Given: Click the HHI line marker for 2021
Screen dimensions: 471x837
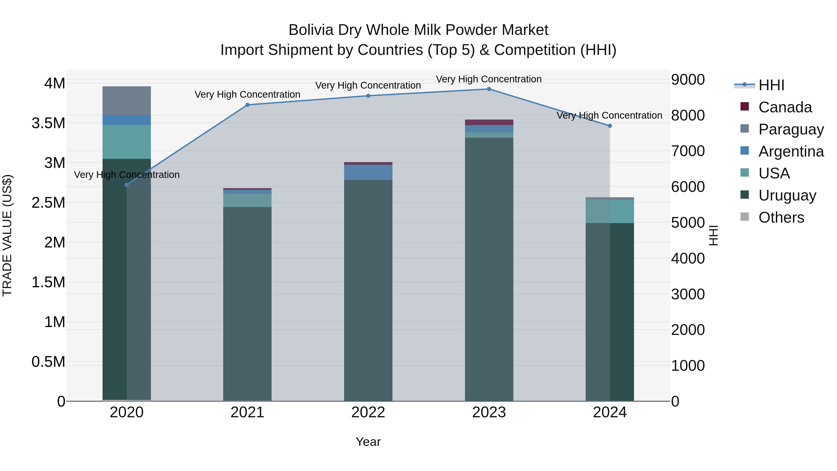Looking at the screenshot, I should point(247,105).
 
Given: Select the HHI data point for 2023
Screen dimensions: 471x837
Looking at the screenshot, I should point(489,89).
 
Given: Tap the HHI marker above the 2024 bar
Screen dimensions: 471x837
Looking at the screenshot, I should point(610,126).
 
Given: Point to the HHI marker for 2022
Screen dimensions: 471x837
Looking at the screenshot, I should point(368,96).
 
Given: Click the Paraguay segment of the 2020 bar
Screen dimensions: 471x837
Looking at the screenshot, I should point(127,100).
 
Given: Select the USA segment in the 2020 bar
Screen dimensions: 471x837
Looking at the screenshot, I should point(127,142).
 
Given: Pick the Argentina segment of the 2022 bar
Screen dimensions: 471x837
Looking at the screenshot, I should point(368,172).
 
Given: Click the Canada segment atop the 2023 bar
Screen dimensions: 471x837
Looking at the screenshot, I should point(489,122).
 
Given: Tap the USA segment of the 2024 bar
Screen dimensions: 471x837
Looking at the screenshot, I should point(610,211).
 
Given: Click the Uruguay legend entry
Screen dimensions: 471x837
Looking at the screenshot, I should point(787,195).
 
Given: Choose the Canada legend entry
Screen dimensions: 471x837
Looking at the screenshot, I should point(785,107).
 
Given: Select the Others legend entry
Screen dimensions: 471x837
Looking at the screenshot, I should point(781,217).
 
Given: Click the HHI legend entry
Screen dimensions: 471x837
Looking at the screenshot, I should point(771,85).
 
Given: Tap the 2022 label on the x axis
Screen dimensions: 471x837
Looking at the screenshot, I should point(368,412).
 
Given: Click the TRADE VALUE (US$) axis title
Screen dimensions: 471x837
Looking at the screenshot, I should point(7,235).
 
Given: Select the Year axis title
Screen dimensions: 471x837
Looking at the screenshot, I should point(368,442).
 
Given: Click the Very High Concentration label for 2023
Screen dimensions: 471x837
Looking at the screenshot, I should point(489,79).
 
